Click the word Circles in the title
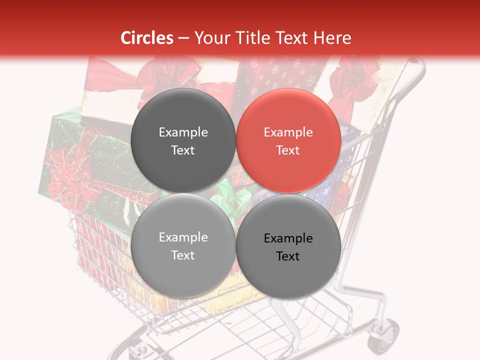[x=147, y=38]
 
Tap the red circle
[x=288, y=140]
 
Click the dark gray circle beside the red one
[x=183, y=140]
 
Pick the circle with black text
[x=288, y=246]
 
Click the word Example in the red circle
[x=288, y=132]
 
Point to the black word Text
[x=287, y=256]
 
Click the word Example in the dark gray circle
[x=183, y=132]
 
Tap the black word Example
[x=288, y=238]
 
